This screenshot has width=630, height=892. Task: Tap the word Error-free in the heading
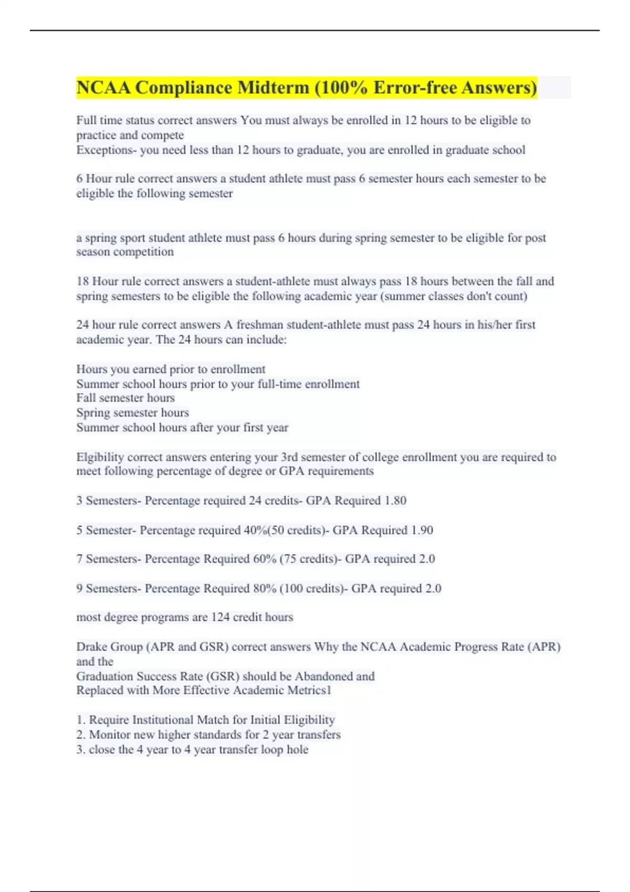tap(415, 88)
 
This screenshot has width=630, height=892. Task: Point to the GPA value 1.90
tap(422, 530)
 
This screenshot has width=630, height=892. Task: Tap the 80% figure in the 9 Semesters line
tap(265, 588)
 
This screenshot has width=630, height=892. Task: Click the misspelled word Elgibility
tap(100, 457)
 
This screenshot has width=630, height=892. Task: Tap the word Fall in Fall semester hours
tap(86, 398)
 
